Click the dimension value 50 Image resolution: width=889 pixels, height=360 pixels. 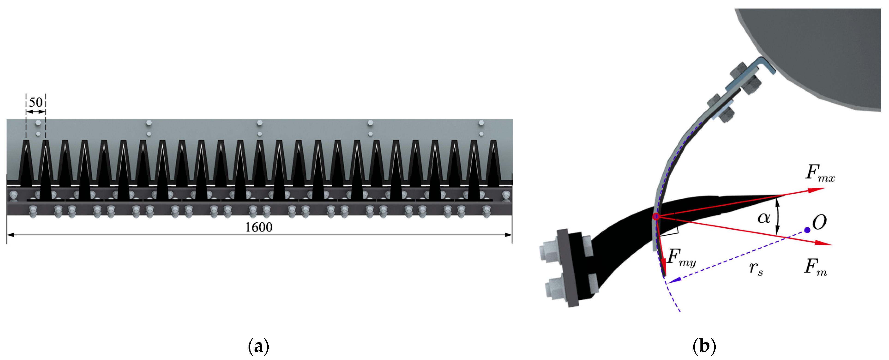coord(36,102)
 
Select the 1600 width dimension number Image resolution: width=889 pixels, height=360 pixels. coord(259,227)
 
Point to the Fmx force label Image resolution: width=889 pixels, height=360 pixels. coord(820,173)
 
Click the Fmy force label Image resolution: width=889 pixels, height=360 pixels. coord(682,258)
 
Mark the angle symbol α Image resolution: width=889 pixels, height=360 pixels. coord(763,218)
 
